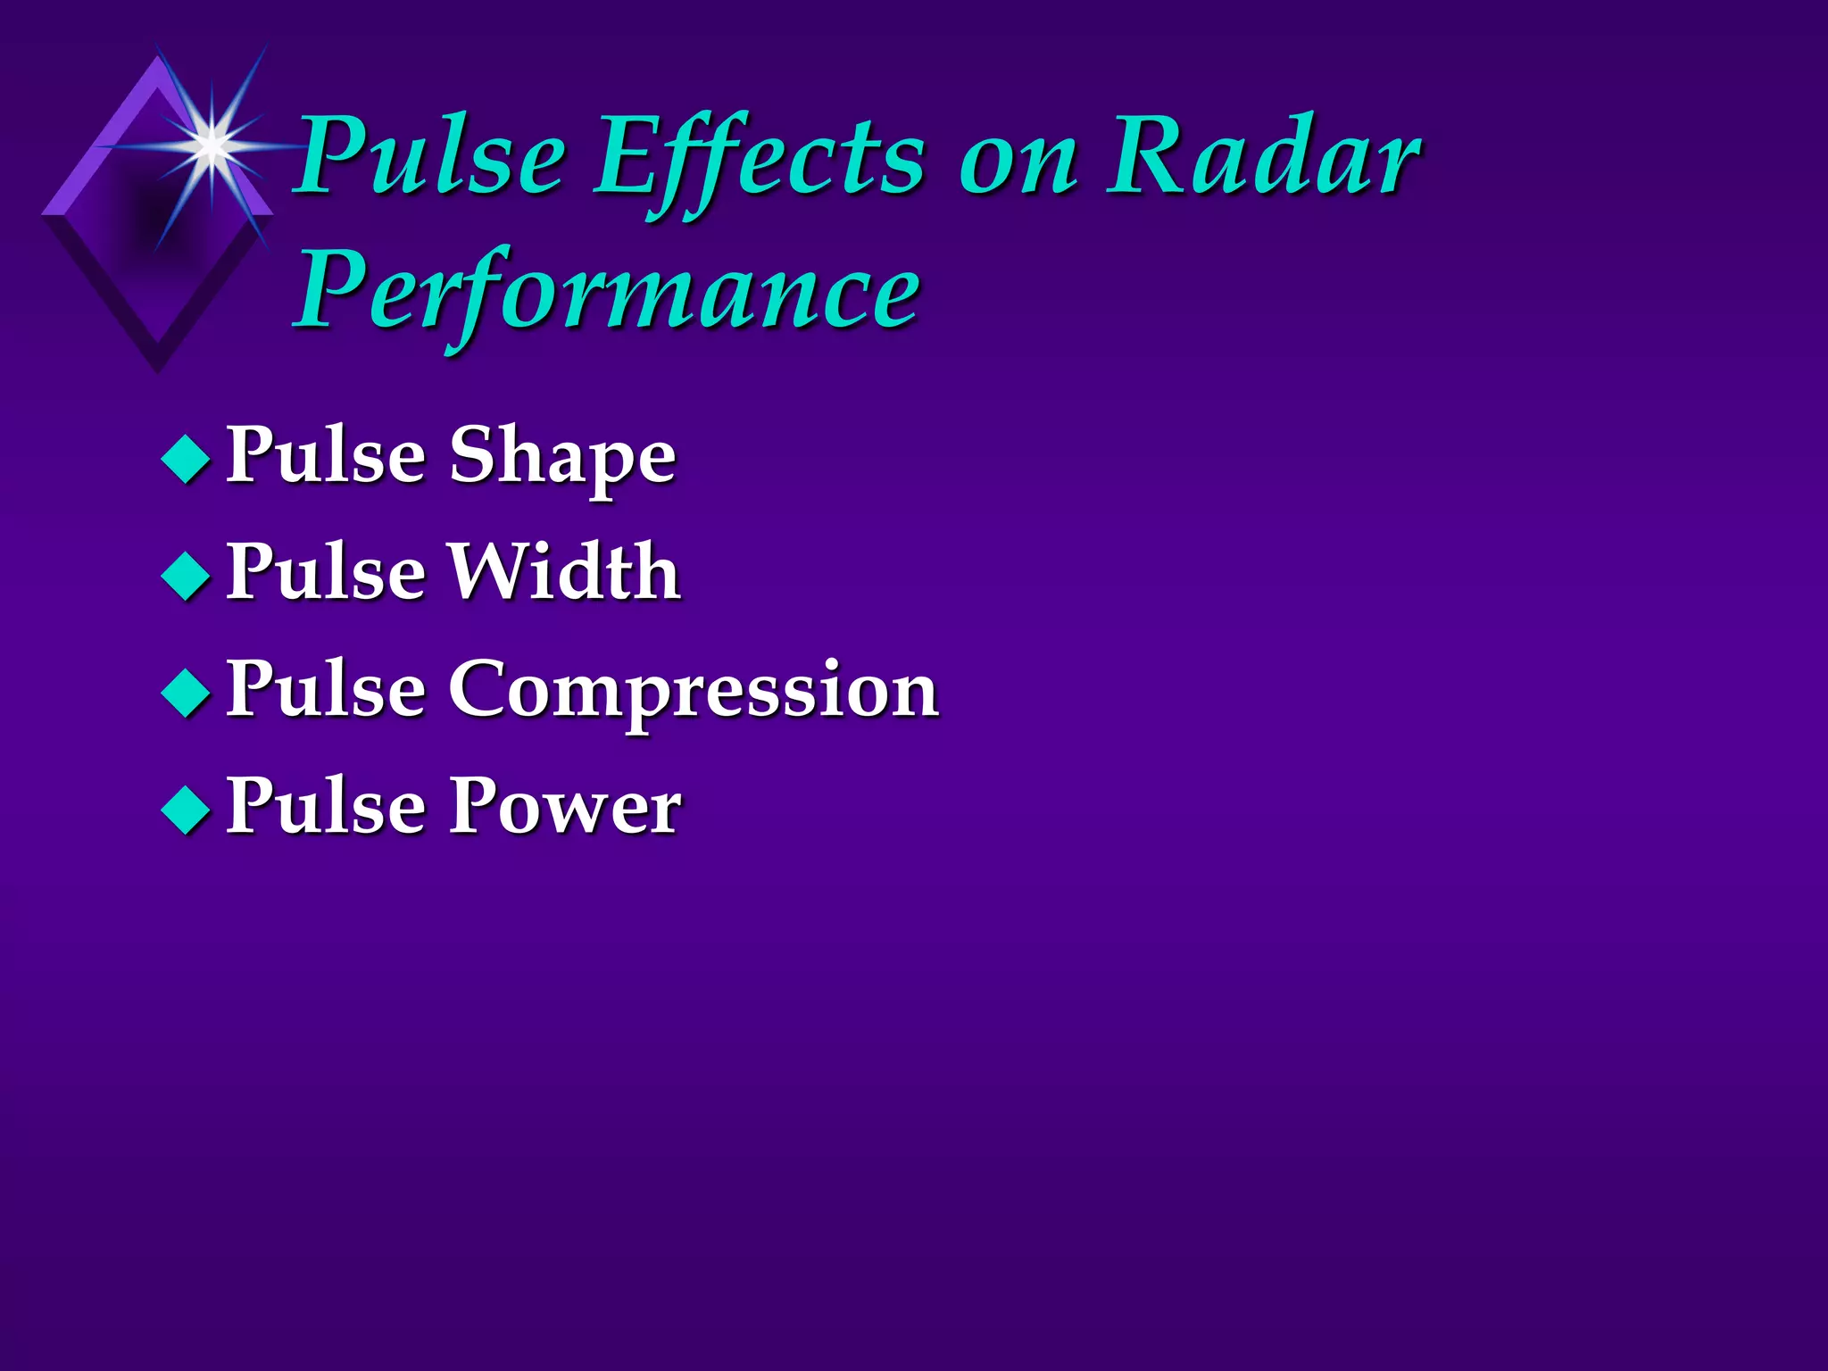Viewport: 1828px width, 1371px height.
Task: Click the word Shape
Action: pyautogui.click(x=561, y=458)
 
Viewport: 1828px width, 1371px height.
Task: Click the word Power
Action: pyautogui.click(x=564, y=806)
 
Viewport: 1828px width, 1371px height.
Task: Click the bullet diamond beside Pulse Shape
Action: pyautogui.click(x=187, y=459)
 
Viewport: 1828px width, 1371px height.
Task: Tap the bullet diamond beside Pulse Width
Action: pyautogui.click(x=187, y=576)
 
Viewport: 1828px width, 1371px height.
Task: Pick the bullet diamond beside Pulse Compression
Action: pyautogui.click(x=187, y=693)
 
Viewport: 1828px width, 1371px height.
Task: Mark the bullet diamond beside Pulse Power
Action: pyautogui.click(x=187, y=810)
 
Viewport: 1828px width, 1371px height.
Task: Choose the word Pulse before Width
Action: pyautogui.click(x=326, y=572)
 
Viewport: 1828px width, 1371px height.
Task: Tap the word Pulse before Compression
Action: pyautogui.click(x=326, y=689)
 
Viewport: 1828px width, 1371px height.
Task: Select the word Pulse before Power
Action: pyautogui.click(x=326, y=806)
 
